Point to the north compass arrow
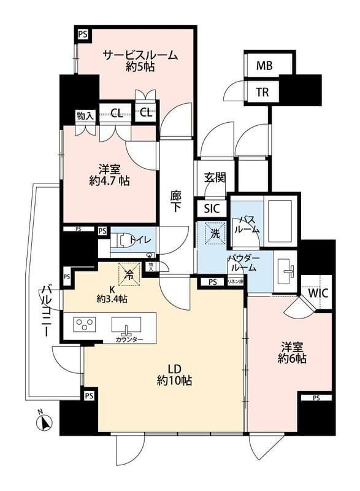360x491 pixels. pos(45,422)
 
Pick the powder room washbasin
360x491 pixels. pos(287,269)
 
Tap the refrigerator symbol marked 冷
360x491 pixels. pos(129,274)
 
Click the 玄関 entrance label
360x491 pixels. pos(215,178)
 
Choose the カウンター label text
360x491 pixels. pos(128,339)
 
